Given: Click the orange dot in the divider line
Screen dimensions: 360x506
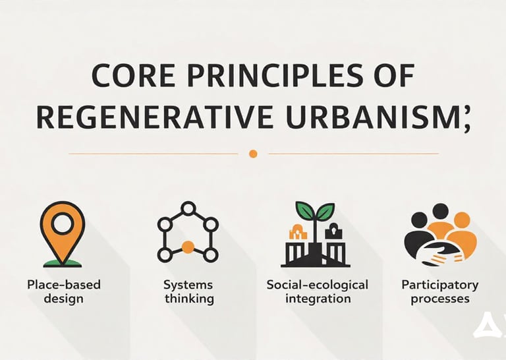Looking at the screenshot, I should coord(253,154).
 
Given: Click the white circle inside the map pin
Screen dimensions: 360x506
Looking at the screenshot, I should coord(63,224).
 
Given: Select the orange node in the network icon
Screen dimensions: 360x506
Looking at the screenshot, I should coord(188,247).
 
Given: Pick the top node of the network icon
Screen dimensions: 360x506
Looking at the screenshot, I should coord(188,208).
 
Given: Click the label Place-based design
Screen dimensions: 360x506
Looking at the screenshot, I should coord(63,291).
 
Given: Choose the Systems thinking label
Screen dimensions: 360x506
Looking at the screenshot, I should coord(188,291).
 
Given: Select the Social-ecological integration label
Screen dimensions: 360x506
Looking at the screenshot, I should coord(317,291).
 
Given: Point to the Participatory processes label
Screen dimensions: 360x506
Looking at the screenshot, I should coord(439,291).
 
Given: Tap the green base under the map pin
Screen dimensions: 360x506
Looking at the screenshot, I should coord(63,263).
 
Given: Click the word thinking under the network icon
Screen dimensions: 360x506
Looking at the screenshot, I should coord(188,299).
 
